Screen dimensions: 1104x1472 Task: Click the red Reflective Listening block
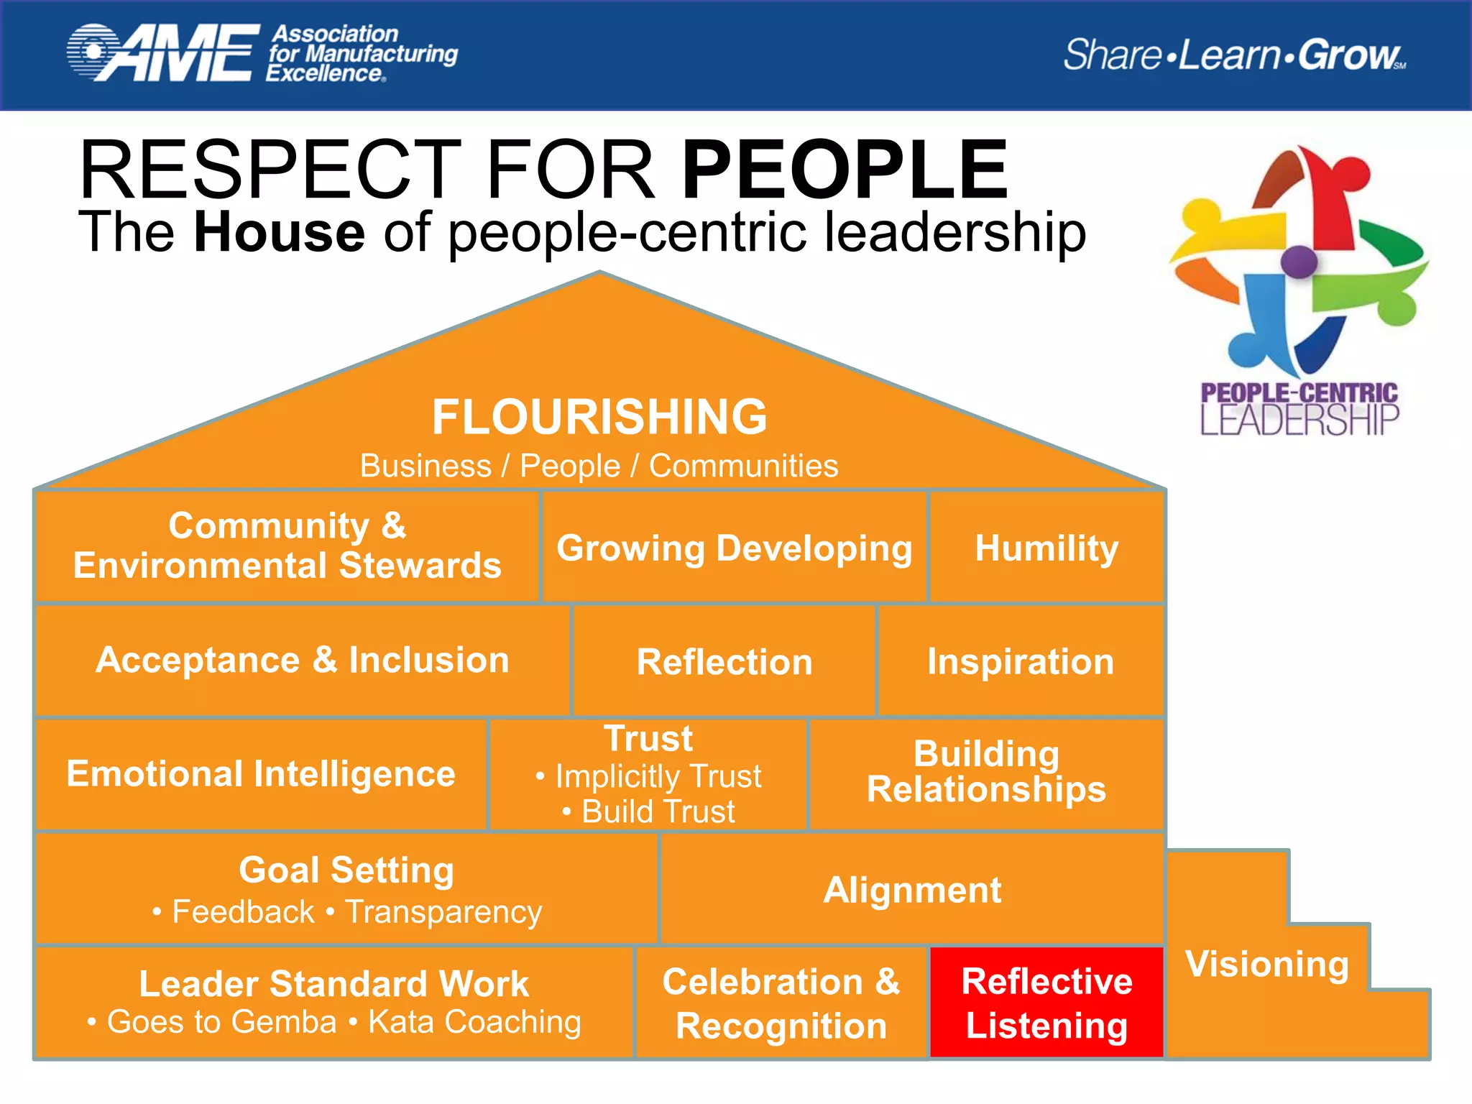(x=1046, y=1003)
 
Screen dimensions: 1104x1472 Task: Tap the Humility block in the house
(x=1046, y=548)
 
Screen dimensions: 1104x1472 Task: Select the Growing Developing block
(x=734, y=548)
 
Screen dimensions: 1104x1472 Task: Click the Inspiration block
(x=1021, y=661)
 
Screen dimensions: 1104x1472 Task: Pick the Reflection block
(x=724, y=661)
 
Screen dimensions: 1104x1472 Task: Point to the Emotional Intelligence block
(x=261, y=774)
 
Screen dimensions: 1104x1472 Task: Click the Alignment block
(x=912, y=890)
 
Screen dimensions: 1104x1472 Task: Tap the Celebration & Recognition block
(x=781, y=1003)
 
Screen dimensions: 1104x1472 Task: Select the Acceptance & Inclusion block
(x=303, y=660)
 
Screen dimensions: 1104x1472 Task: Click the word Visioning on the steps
(x=1267, y=964)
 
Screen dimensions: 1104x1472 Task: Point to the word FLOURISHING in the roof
(x=599, y=417)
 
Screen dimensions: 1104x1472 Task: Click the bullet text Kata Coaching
(x=474, y=1021)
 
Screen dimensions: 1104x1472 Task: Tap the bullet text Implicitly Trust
(x=658, y=776)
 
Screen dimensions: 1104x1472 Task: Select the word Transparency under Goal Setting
(x=443, y=912)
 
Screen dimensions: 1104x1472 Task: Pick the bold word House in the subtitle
(x=280, y=232)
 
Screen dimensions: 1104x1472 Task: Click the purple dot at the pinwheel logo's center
(x=1299, y=261)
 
